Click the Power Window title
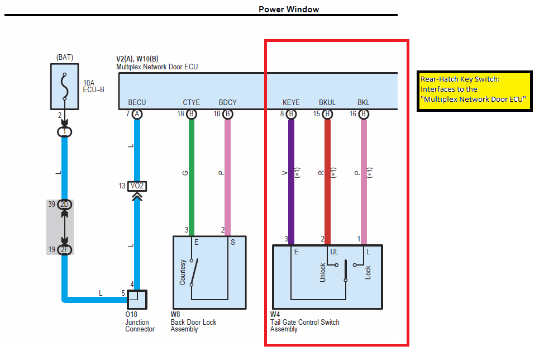289,9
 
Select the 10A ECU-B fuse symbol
65,87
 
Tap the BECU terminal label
137,103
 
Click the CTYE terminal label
192,103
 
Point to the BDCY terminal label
227,103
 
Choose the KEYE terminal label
291,103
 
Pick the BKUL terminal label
327,103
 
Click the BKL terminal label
364,103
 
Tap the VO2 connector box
137,186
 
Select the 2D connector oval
65,205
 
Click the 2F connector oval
65,249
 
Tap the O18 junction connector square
137,300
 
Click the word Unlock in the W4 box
323,272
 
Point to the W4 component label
276,315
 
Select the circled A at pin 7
137,114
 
